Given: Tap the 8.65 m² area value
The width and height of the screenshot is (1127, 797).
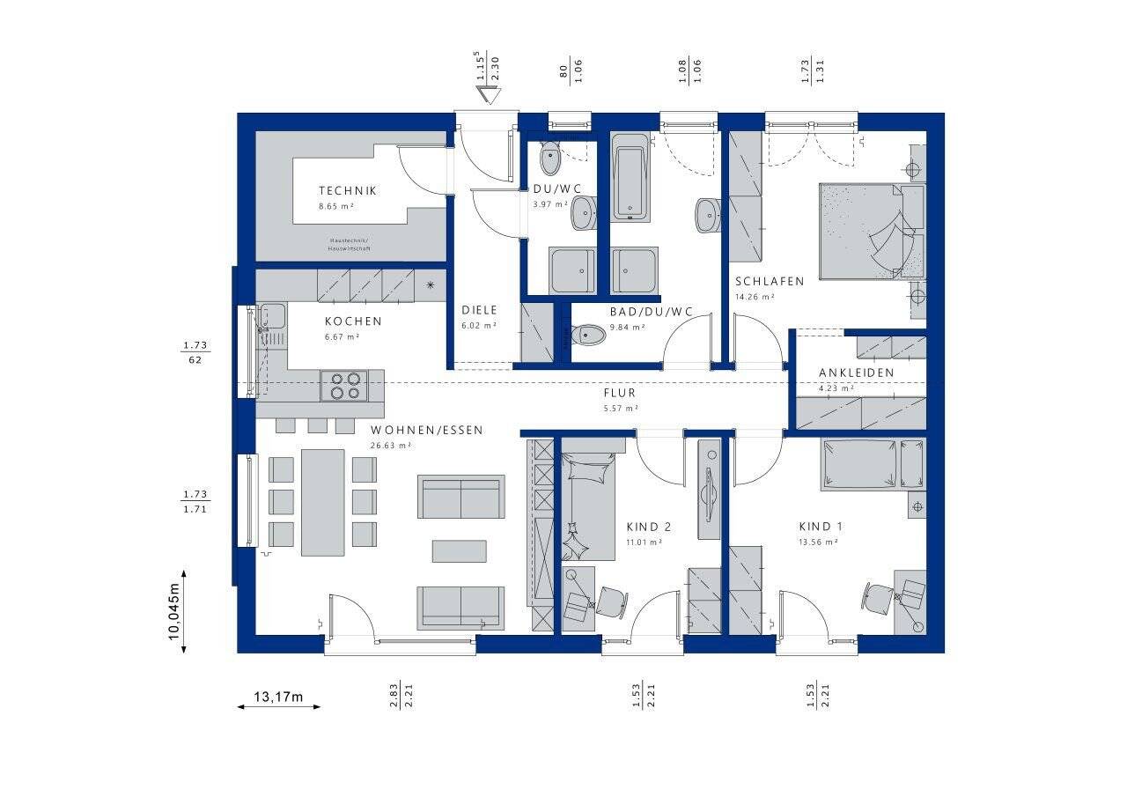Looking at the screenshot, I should pyautogui.click(x=336, y=206).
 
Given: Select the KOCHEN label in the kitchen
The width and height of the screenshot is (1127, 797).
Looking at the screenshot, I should pyautogui.click(x=353, y=321).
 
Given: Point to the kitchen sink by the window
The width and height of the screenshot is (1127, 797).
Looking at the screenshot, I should pyautogui.click(x=272, y=316).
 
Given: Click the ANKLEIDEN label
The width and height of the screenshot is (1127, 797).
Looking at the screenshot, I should pyautogui.click(x=856, y=373).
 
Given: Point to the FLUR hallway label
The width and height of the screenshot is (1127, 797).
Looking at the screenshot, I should pyautogui.click(x=619, y=393).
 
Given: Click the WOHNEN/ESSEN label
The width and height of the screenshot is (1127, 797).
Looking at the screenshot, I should pyautogui.click(x=426, y=430).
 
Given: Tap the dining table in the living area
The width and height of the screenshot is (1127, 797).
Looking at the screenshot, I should pyautogui.click(x=323, y=502).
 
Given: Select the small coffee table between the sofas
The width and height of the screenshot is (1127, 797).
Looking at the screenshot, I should pyautogui.click(x=459, y=550).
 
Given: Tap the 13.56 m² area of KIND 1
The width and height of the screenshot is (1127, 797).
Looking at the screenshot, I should pyautogui.click(x=818, y=542).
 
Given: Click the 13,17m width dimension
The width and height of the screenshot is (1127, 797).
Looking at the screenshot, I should pyautogui.click(x=277, y=698).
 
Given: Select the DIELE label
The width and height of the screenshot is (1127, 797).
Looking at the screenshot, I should pyautogui.click(x=480, y=310).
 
